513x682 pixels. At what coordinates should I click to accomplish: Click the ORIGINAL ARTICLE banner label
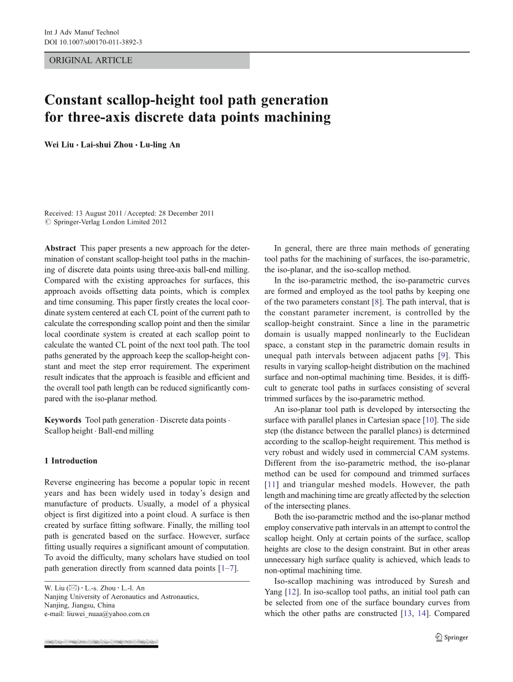(91, 60)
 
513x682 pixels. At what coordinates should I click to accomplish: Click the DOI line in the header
(93, 42)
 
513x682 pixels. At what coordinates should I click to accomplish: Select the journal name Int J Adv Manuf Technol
(82, 33)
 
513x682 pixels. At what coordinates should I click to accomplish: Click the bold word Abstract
(60, 248)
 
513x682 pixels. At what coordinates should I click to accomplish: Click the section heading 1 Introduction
(70, 461)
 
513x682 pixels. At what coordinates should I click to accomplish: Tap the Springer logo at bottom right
(451, 638)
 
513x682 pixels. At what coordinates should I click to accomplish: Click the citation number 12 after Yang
(291, 592)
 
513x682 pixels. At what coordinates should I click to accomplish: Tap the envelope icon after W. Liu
(73, 588)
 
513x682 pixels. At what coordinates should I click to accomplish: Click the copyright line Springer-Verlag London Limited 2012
(109, 222)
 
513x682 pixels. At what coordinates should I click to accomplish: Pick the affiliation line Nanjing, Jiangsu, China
(79, 605)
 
